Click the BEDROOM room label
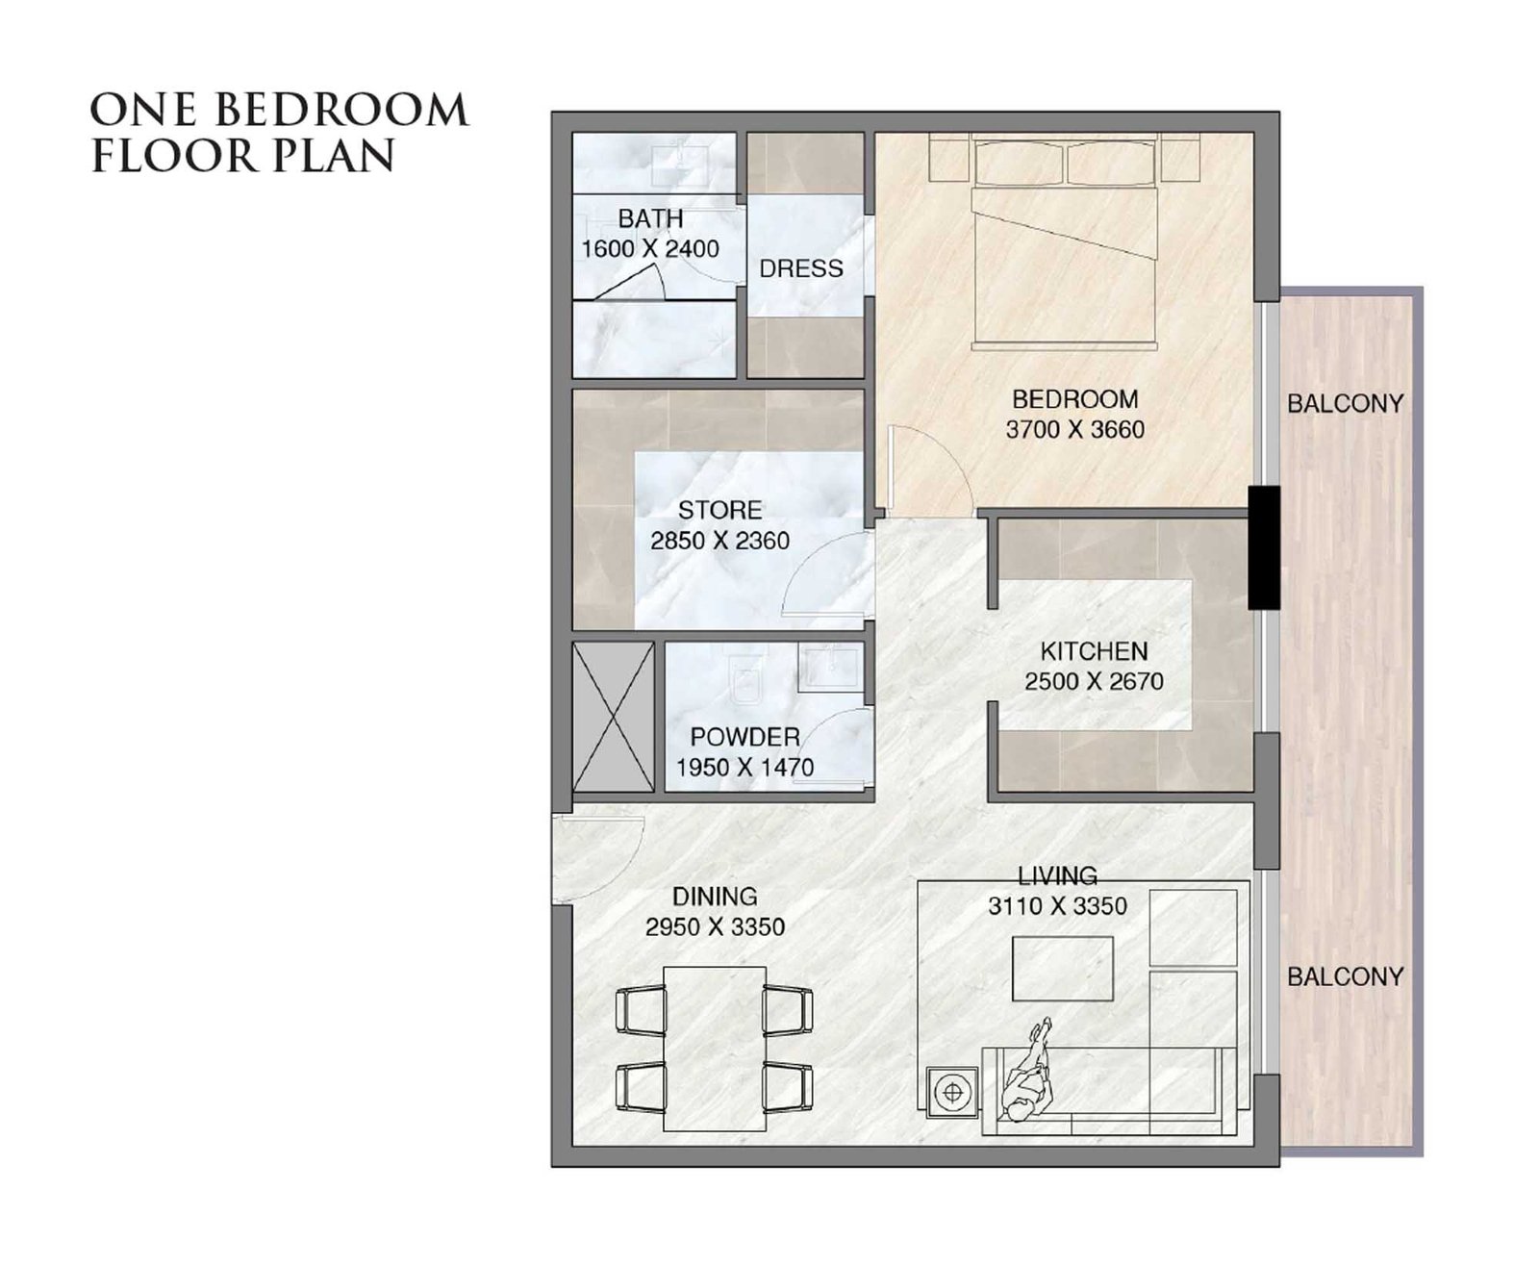tap(1074, 399)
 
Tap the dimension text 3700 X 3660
tap(1074, 430)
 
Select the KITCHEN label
tap(1093, 651)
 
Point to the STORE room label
tap(719, 509)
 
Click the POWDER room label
tap(744, 737)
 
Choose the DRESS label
tap(800, 268)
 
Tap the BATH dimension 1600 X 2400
tap(649, 249)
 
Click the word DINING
tap(715, 896)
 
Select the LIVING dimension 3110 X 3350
tap(1057, 906)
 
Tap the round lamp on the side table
tap(952, 1092)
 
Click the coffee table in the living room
tap(1062, 969)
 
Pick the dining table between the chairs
tap(715, 1049)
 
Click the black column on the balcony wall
tap(1263, 547)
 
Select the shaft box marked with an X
tap(613, 717)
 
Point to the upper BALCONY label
tap(1345, 403)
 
